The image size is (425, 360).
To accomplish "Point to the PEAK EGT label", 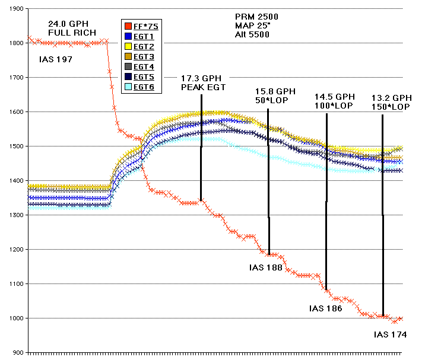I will point(204,87).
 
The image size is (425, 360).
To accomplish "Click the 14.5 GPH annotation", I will point(334,96).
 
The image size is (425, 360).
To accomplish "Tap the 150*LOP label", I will point(391,106).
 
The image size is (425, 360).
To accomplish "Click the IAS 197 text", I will point(55,59).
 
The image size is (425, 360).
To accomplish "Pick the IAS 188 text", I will point(265,267).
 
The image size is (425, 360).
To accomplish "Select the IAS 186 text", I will point(326,308).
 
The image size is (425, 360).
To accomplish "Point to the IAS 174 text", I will point(391,334).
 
